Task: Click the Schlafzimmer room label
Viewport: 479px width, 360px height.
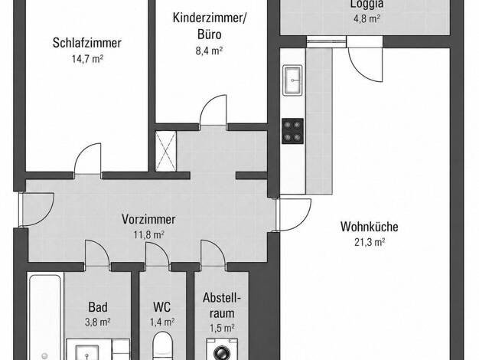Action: tap(87, 43)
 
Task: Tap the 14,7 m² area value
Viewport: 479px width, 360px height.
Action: tap(87, 58)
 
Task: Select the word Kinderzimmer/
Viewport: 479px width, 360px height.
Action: tap(209, 18)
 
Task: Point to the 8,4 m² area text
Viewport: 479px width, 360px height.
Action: tap(209, 50)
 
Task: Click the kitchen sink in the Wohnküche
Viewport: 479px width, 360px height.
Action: tap(293, 80)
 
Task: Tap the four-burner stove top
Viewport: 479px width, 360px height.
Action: tap(292, 131)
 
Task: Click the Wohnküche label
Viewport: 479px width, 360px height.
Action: tap(370, 227)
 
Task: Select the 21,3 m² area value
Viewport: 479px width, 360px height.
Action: tap(370, 242)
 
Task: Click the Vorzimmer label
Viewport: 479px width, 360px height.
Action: tap(148, 219)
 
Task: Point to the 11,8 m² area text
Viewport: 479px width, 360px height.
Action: tap(149, 235)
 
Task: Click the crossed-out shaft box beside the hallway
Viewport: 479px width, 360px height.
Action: tap(166, 151)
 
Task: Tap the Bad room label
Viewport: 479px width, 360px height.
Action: tap(98, 307)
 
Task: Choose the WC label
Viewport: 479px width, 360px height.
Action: tap(162, 307)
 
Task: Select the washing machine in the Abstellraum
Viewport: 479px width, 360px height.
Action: tap(222, 349)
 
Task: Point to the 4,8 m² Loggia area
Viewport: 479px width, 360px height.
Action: tap(367, 18)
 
